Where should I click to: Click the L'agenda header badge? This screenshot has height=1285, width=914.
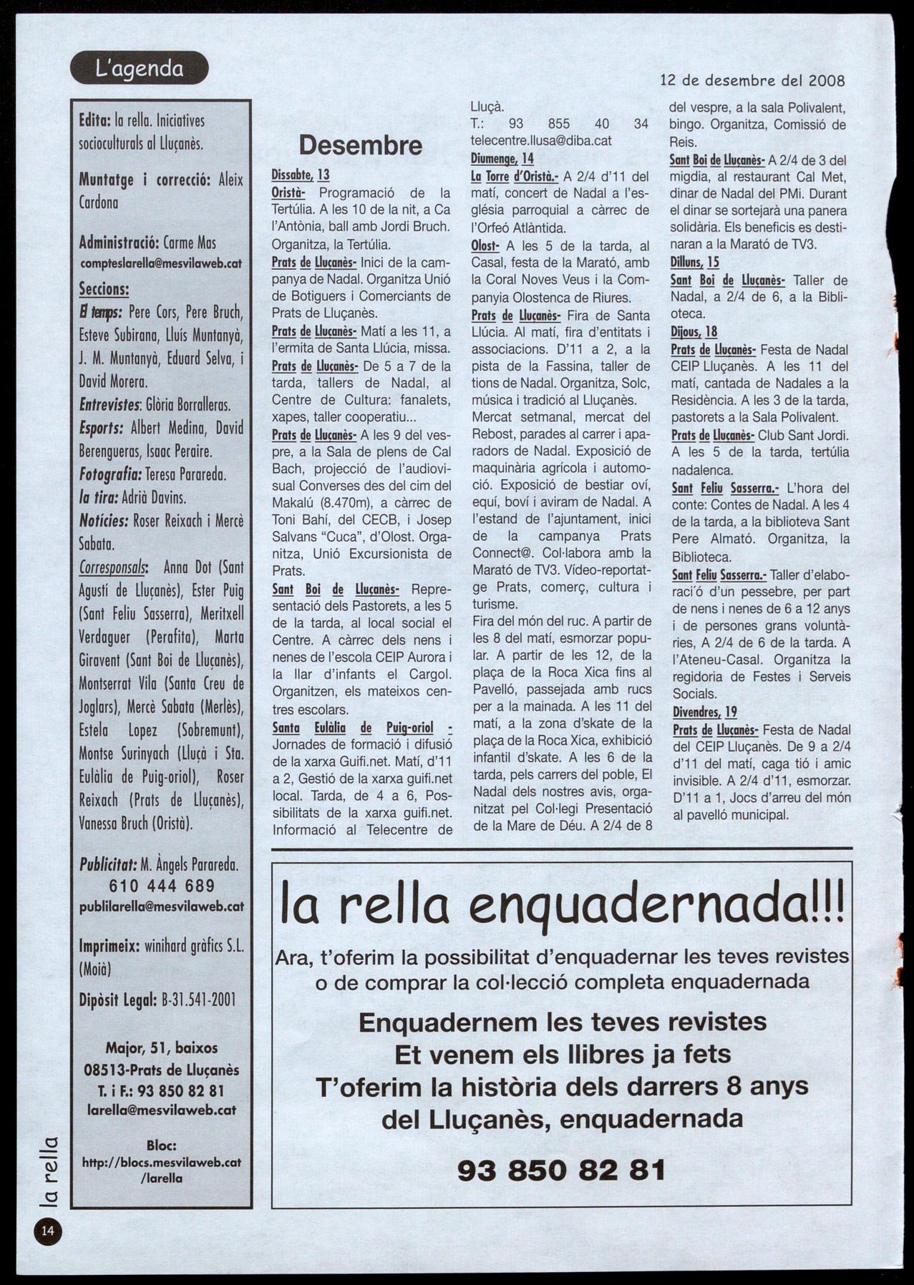click(x=139, y=69)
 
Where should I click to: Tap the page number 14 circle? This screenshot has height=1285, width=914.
click(x=47, y=1231)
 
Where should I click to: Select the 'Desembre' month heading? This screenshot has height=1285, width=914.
click(x=360, y=145)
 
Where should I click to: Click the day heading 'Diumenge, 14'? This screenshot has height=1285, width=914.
click(x=502, y=159)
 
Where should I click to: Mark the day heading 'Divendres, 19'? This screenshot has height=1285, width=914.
click(x=704, y=712)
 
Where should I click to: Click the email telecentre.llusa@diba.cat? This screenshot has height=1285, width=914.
click(x=541, y=141)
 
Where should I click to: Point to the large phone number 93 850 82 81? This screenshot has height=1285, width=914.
click(x=561, y=1170)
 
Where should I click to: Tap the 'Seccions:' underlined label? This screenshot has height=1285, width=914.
click(x=104, y=290)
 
